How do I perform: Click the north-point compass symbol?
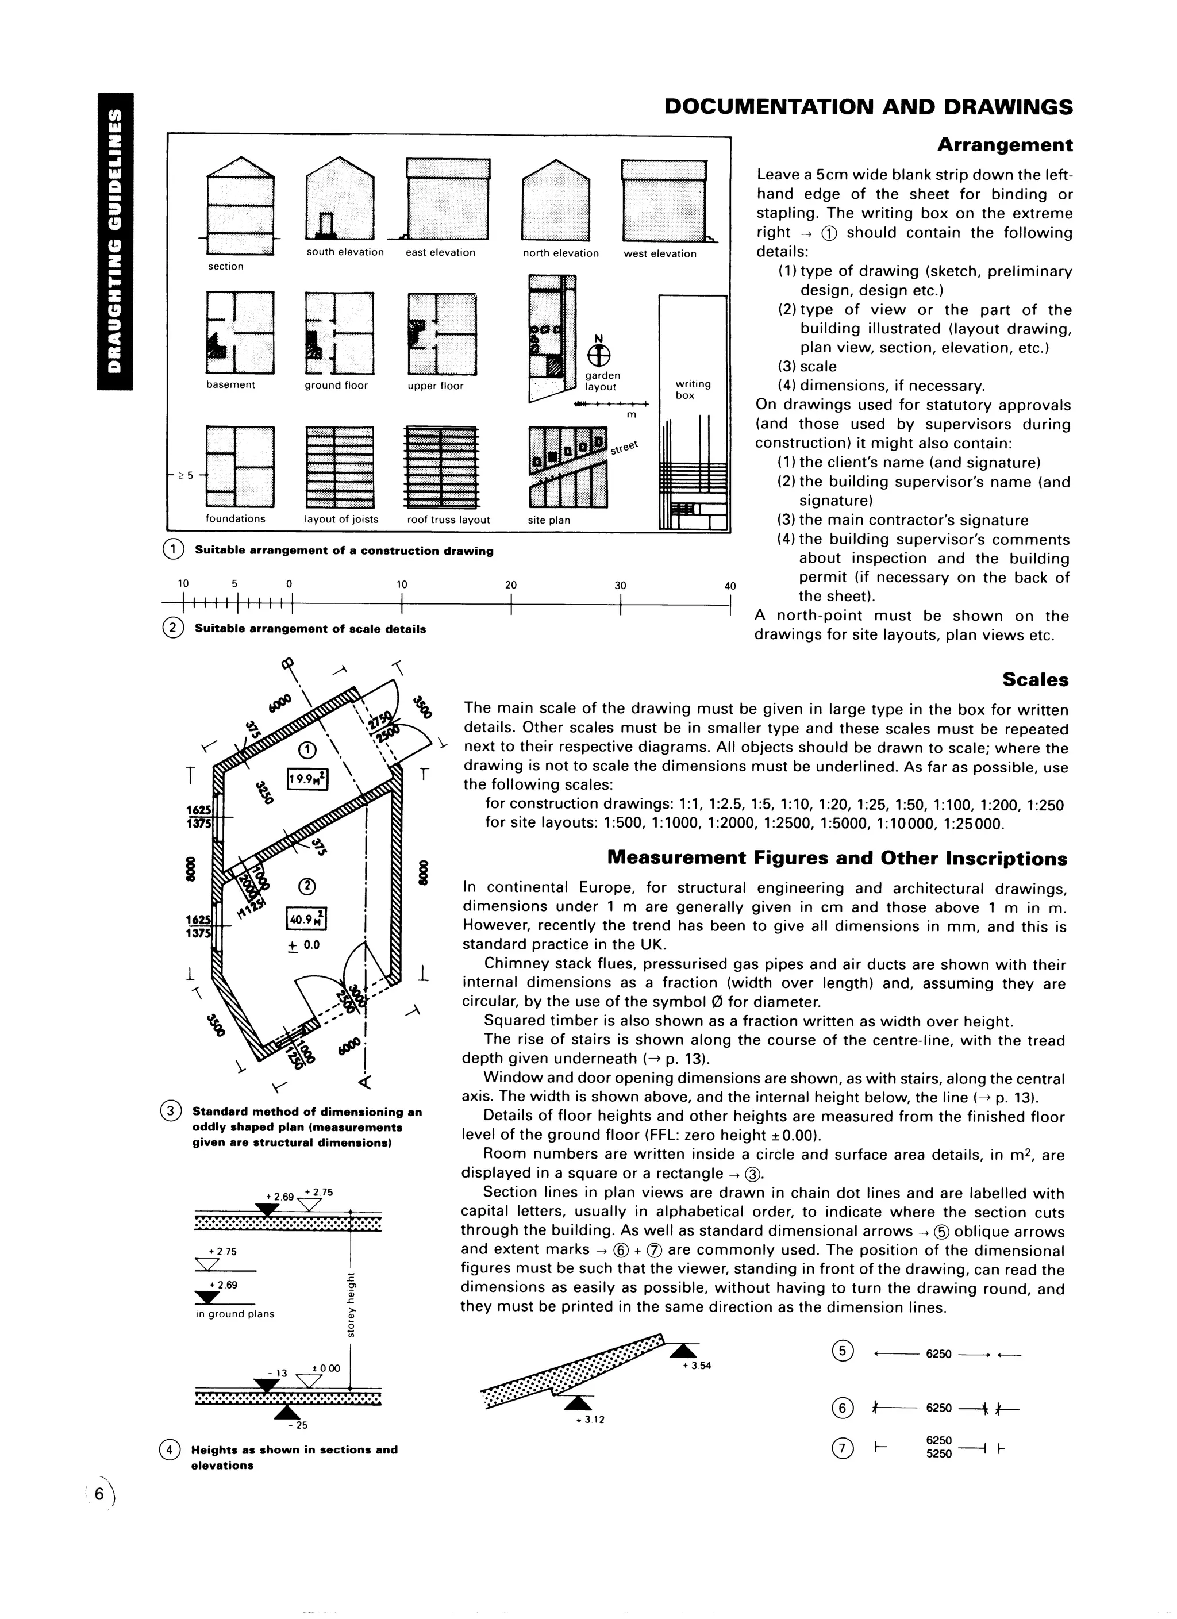pos(599,355)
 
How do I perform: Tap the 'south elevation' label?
pos(345,252)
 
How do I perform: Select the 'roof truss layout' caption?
pos(448,520)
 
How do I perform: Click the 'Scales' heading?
pos(1035,679)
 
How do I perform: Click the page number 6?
pos(100,1495)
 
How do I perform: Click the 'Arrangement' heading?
pos(1004,145)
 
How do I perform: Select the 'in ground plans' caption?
pos(235,1313)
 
